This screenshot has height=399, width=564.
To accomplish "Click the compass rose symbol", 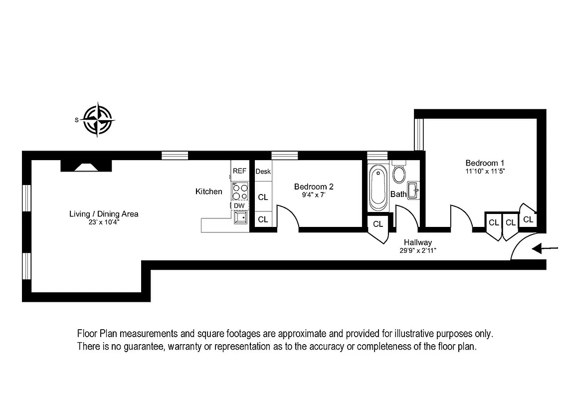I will click(99, 120).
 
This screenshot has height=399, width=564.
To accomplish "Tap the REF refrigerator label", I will click(239, 171).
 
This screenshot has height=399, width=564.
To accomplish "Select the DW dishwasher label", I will click(239, 205).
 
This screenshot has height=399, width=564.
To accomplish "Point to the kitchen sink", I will click(242, 217).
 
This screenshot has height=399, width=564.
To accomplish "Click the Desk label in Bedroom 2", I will click(263, 172).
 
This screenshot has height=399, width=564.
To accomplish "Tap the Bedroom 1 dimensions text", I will click(485, 171).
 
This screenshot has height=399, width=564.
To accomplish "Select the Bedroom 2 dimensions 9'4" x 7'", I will click(313, 195).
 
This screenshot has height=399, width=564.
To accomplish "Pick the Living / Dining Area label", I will click(104, 214).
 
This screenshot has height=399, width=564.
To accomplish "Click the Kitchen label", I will click(208, 192).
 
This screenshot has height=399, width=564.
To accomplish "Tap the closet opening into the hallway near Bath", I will click(378, 224).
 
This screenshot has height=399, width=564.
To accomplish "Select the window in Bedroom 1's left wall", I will click(419, 134).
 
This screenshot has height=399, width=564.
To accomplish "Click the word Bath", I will click(398, 194).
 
